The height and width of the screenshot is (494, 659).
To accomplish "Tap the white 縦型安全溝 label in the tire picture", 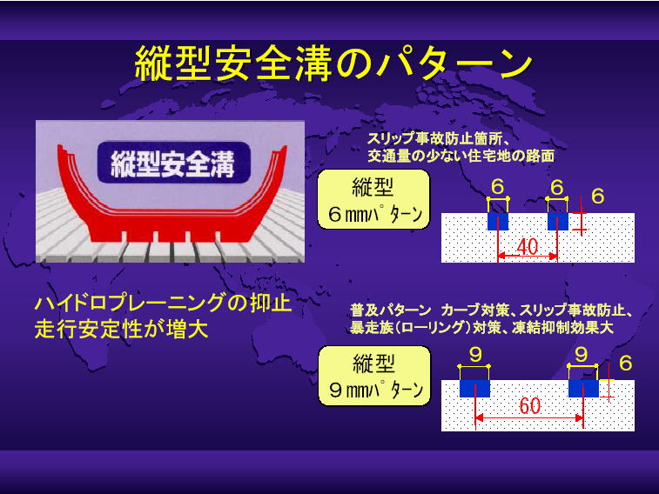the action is pyautogui.click(x=172, y=164).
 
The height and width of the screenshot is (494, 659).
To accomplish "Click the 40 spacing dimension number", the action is pyautogui.click(x=527, y=246).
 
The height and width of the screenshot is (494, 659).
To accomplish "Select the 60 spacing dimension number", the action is pyautogui.click(x=529, y=405).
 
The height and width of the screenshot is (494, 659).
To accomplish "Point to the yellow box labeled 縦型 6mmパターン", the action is pyautogui.click(x=373, y=199).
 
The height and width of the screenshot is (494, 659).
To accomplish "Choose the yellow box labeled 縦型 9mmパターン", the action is pyautogui.click(x=374, y=376).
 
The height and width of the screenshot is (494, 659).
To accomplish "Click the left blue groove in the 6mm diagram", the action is pyautogui.click(x=498, y=221).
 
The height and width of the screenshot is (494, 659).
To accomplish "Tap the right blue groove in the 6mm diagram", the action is pyautogui.click(x=558, y=221).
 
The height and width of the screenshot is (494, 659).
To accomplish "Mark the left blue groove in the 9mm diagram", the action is pyautogui.click(x=474, y=388).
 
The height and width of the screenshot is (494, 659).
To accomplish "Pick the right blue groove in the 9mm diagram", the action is pyautogui.click(x=583, y=388).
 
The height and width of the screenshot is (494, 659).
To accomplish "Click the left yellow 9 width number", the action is pyautogui.click(x=475, y=355).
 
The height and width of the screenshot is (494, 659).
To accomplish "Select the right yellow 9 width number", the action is pyautogui.click(x=582, y=355).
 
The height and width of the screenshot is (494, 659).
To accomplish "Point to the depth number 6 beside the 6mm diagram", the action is pyautogui.click(x=598, y=196).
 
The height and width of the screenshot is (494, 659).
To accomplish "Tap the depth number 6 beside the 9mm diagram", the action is pyautogui.click(x=626, y=363).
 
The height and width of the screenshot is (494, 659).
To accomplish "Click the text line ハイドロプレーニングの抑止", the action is pyautogui.click(x=163, y=303).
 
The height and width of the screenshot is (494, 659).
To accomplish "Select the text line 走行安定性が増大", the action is pyautogui.click(x=122, y=329).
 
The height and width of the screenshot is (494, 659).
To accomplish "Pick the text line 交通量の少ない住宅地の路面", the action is pyautogui.click(x=461, y=157).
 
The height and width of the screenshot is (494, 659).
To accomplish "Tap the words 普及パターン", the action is pyautogui.click(x=391, y=310).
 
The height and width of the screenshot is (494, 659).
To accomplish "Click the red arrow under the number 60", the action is pyautogui.click(x=529, y=418).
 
